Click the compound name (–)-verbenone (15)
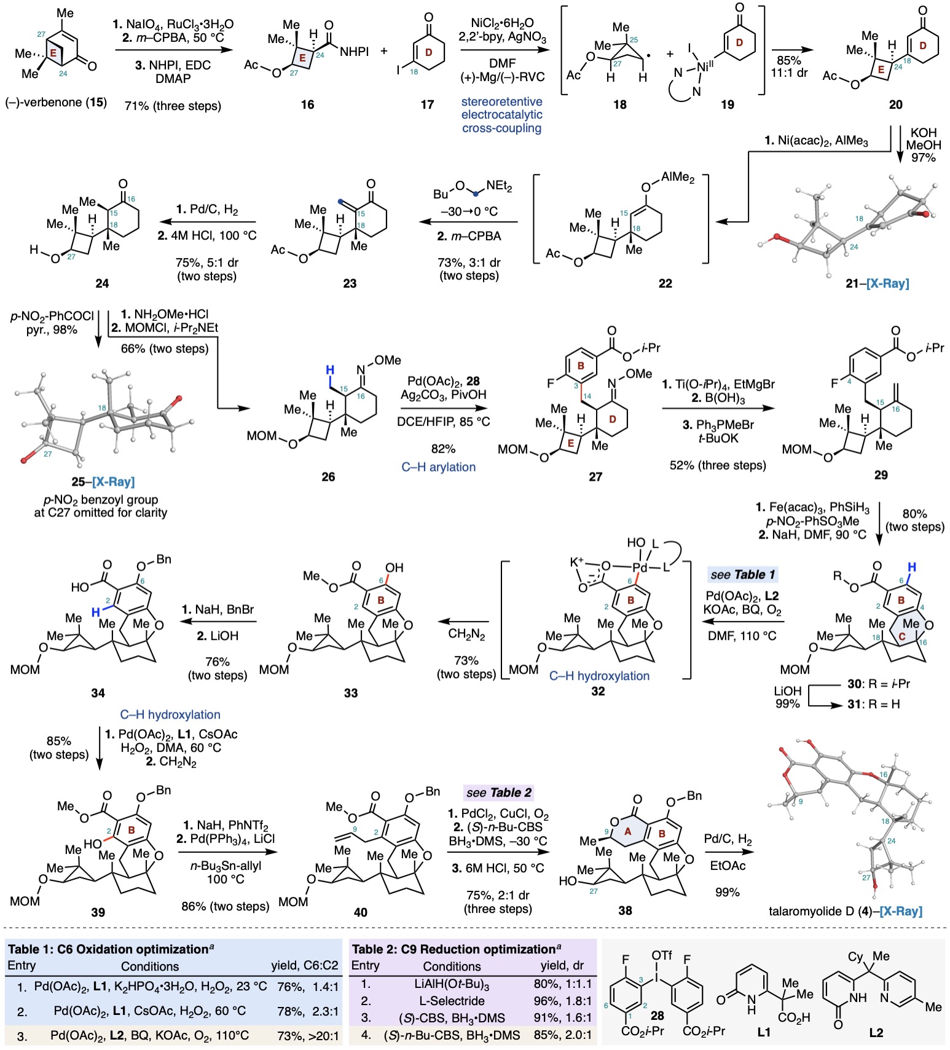[x=56, y=102]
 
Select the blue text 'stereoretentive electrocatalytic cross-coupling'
[x=501, y=115]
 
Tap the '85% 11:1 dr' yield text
[x=788, y=66]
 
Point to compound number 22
[x=665, y=283]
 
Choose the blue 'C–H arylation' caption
[x=438, y=467]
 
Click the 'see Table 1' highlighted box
[x=742, y=575]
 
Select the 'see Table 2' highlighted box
[x=498, y=792]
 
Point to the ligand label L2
[x=876, y=1033]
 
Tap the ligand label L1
[x=763, y=1033]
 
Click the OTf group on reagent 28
[x=662, y=955]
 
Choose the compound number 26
[x=328, y=476]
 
